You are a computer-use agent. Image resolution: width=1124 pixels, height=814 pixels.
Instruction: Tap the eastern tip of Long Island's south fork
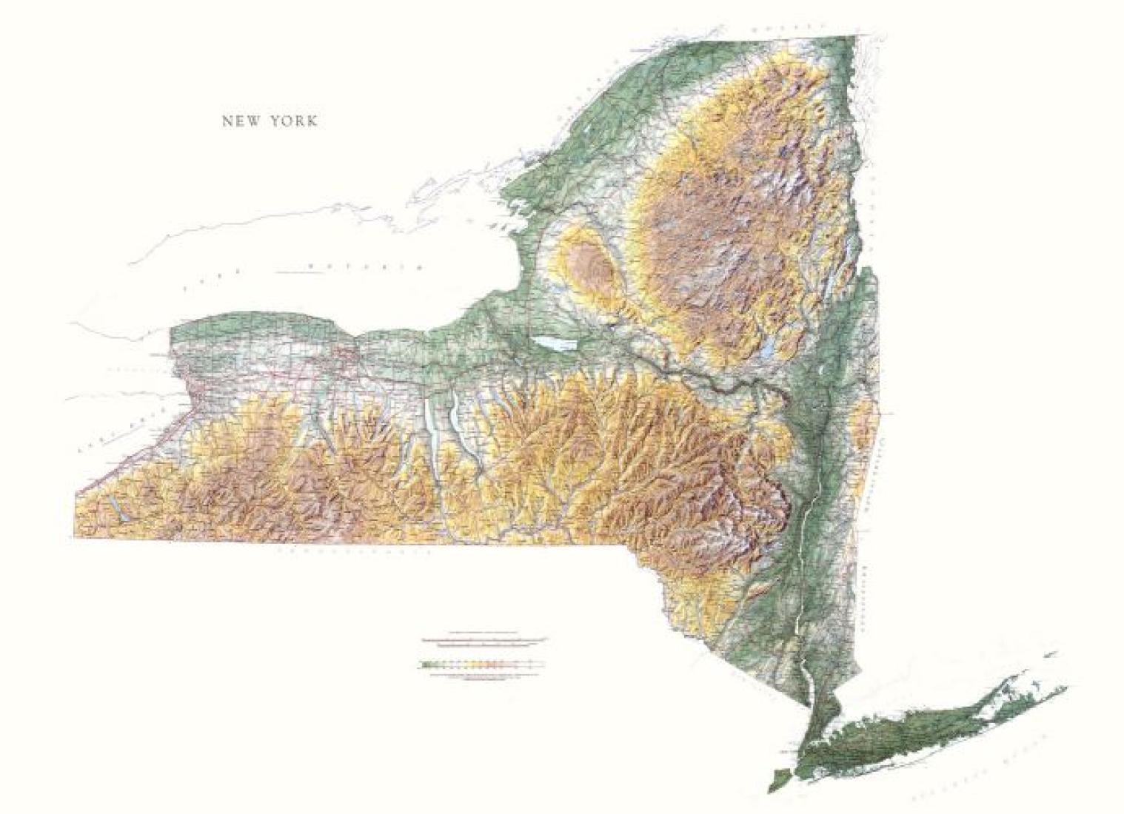(1064, 688)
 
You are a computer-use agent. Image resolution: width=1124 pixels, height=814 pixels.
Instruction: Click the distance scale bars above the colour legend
(484, 639)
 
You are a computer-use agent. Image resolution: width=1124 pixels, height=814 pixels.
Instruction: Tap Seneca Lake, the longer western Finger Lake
(431, 437)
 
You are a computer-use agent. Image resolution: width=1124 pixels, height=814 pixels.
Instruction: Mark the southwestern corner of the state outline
(76, 538)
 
